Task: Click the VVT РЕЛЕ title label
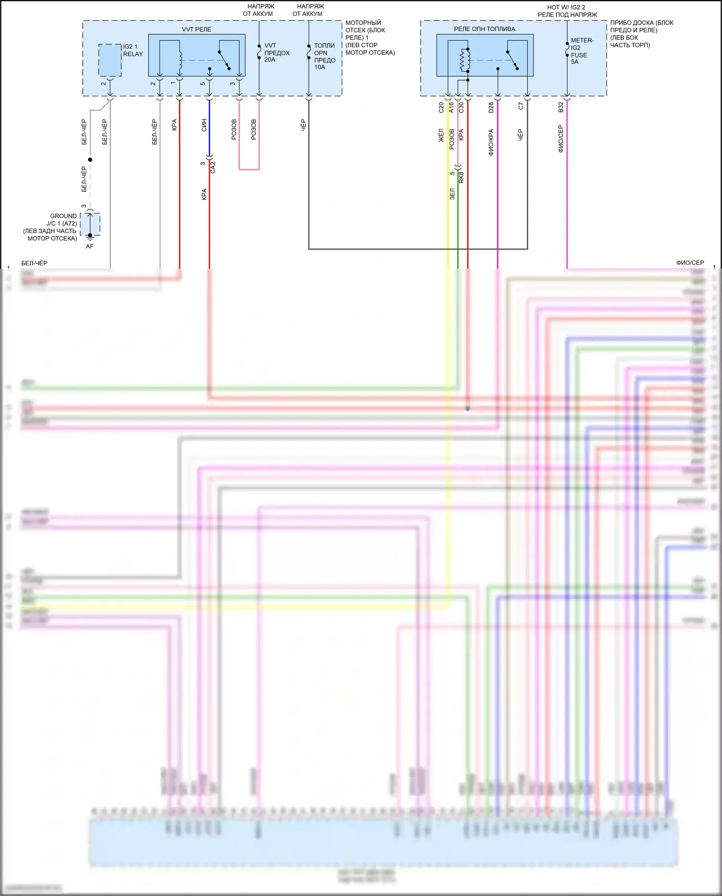coord(196,29)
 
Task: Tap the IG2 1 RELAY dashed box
coord(110,60)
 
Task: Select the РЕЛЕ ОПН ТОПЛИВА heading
coord(484,29)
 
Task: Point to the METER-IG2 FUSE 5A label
coord(581,51)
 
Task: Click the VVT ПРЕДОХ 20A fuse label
coord(276,52)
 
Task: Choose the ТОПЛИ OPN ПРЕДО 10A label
coord(324,56)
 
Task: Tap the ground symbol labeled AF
coord(90,237)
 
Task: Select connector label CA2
coord(213,167)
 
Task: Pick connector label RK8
coord(461,177)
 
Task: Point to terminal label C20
coord(441,107)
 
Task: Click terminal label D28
coord(491,107)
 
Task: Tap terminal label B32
coord(561,107)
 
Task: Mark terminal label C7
coord(521,106)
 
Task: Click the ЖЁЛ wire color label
coord(441,136)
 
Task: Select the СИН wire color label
coord(204,125)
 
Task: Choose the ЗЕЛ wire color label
coord(452,194)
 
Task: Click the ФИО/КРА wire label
coord(491,142)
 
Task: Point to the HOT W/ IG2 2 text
coord(566,7)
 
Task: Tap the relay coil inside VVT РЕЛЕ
coord(180,61)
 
